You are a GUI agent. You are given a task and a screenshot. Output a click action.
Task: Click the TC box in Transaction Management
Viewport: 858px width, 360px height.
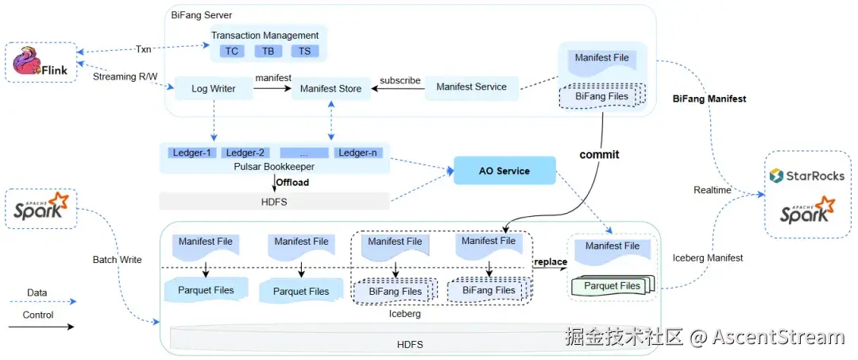[232, 51]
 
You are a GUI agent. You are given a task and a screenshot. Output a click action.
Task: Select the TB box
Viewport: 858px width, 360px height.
[269, 51]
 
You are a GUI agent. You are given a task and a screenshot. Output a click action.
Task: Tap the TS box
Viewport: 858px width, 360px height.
[305, 51]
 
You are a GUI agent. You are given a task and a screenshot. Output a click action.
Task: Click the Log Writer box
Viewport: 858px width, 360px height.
[214, 88]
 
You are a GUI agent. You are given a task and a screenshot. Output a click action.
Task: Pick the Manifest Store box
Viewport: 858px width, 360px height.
[331, 88]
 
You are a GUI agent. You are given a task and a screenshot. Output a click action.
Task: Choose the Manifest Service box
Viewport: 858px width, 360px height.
[472, 87]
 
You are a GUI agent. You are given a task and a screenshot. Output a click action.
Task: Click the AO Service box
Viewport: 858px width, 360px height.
[504, 171]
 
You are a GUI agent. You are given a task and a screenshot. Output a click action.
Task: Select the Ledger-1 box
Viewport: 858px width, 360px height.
[192, 153]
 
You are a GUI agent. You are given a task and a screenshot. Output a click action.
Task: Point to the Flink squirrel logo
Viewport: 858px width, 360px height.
[26, 62]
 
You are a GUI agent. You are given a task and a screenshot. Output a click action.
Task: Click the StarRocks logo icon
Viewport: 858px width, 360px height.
[776, 175]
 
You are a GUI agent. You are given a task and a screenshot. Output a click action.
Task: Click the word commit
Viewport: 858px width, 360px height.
[599, 154]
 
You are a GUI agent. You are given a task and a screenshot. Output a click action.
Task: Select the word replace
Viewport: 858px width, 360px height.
[551, 261]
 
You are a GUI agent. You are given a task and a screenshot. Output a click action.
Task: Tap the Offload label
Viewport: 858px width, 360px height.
[292, 182]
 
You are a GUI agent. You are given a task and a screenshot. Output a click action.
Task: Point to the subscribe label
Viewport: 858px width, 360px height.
[400, 80]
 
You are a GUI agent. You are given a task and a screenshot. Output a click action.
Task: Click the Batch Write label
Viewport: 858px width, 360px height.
[117, 259]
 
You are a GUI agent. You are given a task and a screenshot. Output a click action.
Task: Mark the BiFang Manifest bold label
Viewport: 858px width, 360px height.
[709, 99]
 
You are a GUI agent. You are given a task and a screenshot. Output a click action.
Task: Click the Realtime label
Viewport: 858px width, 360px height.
[713, 191]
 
